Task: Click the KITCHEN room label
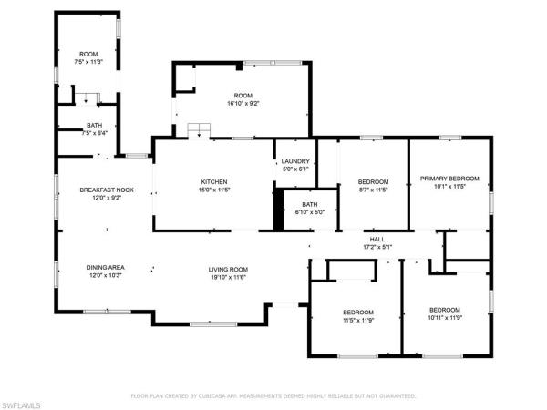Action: point(214,181)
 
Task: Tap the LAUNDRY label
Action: point(294,160)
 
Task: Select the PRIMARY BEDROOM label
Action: point(449,179)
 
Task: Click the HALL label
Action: point(377,238)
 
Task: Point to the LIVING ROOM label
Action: point(229,269)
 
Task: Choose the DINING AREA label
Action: point(105,267)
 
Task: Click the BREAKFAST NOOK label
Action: point(107,190)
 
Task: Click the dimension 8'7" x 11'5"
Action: point(373,190)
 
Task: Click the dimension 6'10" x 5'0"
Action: point(309,211)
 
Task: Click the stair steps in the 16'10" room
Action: point(198,131)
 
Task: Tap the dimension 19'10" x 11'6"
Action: point(229,277)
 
